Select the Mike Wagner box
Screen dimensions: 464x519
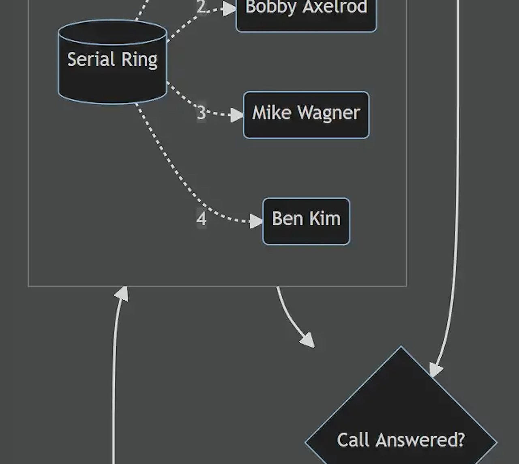[306, 115]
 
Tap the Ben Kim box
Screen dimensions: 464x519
[306, 221]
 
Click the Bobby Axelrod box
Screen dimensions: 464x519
[306, 14]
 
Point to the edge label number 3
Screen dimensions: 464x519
[201, 112]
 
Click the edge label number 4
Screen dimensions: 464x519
[201, 218]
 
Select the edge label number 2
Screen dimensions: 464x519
[202, 7]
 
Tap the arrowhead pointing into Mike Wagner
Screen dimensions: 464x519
[237, 115]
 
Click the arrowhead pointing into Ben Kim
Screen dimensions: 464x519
[256, 221]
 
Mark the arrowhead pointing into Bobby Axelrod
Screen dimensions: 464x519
[230, 9]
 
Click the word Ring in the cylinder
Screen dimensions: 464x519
[139, 60]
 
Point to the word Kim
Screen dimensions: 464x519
[325, 218]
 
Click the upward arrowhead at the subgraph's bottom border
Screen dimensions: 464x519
[122, 294]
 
